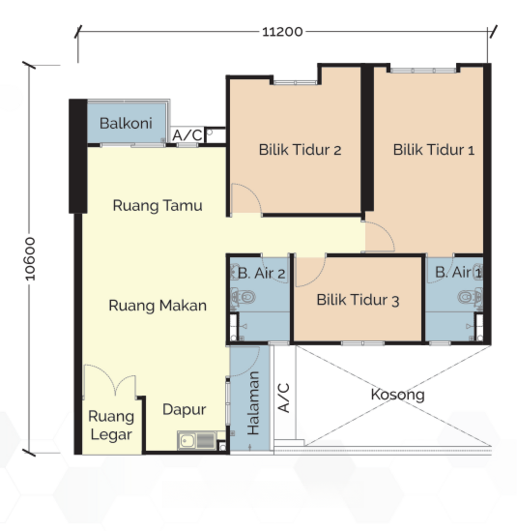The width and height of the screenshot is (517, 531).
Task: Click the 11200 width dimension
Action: [x=282, y=32]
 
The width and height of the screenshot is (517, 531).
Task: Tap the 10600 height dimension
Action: [x=30, y=259]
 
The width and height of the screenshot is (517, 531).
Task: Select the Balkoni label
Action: [x=126, y=123]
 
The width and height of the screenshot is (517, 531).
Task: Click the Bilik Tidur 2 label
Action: [x=300, y=149]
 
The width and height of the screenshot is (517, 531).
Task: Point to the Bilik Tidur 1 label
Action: [x=434, y=149]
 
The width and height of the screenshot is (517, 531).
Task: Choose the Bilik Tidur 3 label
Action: [x=358, y=300]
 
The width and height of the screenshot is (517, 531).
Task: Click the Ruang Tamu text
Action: [x=157, y=205]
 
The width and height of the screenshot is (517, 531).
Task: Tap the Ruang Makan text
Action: [x=157, y=306]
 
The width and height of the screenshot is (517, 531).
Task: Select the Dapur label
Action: [x=184, y=410]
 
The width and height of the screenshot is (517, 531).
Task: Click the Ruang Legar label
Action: [x=111, y=425]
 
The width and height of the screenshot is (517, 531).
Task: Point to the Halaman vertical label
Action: [x=254, y=403]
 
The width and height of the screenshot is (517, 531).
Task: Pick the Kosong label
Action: [x=397, y=394]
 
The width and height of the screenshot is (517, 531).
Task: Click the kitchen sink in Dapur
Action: [x=197, y=440]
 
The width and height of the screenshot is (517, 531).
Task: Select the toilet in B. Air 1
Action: [x=470, y=297]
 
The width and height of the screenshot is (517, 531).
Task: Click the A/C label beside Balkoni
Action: [x=187, y=135]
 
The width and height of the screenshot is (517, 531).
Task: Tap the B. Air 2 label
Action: [x=262, y=273]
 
